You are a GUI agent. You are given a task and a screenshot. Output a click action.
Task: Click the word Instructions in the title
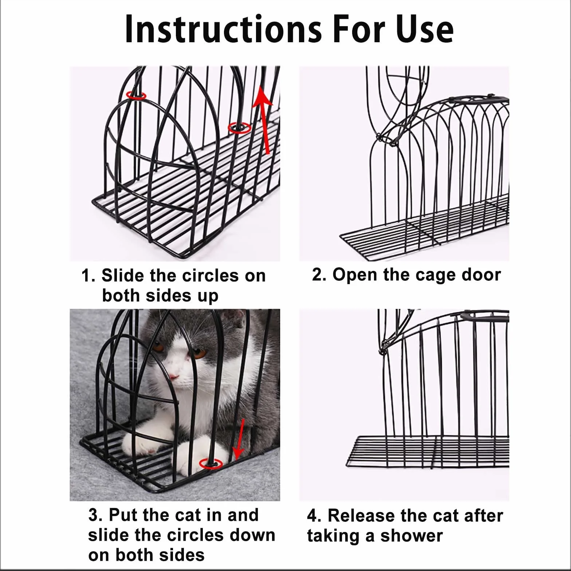[x=223, y=29]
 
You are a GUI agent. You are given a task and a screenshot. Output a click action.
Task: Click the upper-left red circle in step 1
[x=137, y=96]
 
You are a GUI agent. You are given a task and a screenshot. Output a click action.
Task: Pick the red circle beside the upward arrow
[x=239, y=128]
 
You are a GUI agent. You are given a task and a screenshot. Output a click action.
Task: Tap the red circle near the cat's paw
[x=211, y=464]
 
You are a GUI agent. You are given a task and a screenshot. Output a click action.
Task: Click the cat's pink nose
[x=174, y=377]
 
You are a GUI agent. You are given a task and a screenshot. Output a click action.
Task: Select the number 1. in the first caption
[x=88, y=276]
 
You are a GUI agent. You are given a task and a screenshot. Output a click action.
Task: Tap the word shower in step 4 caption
[x=411, y=536]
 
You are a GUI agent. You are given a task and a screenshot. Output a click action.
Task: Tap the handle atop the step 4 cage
[x=485, y=315]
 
